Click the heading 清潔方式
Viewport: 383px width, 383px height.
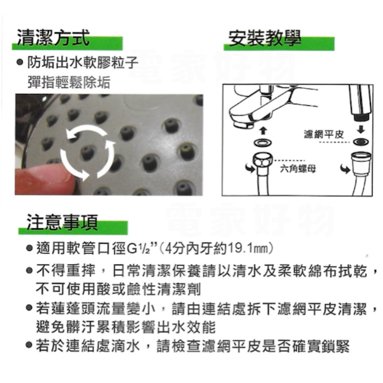tap(53, 38)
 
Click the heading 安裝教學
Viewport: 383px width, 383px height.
tap(265, 38)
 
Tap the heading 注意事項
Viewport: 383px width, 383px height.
tap(62, 222)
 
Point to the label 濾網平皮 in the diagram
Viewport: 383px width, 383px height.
tap(324, 134)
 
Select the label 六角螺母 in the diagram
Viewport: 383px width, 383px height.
tap(298, 168)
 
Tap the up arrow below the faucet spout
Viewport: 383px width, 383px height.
tap(263, 131)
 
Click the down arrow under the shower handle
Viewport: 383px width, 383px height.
tap(361, 129)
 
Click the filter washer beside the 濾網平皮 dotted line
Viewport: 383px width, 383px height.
tap(361, 141)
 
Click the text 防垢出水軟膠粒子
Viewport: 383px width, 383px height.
tap(83, 62)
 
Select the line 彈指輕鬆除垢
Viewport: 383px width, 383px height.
tap(69, 82)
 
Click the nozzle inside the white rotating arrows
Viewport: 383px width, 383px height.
tap(87, 152)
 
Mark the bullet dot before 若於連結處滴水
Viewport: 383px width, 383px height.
tap(29, 345)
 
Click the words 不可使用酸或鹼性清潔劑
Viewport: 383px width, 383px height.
tap(118, 289)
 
